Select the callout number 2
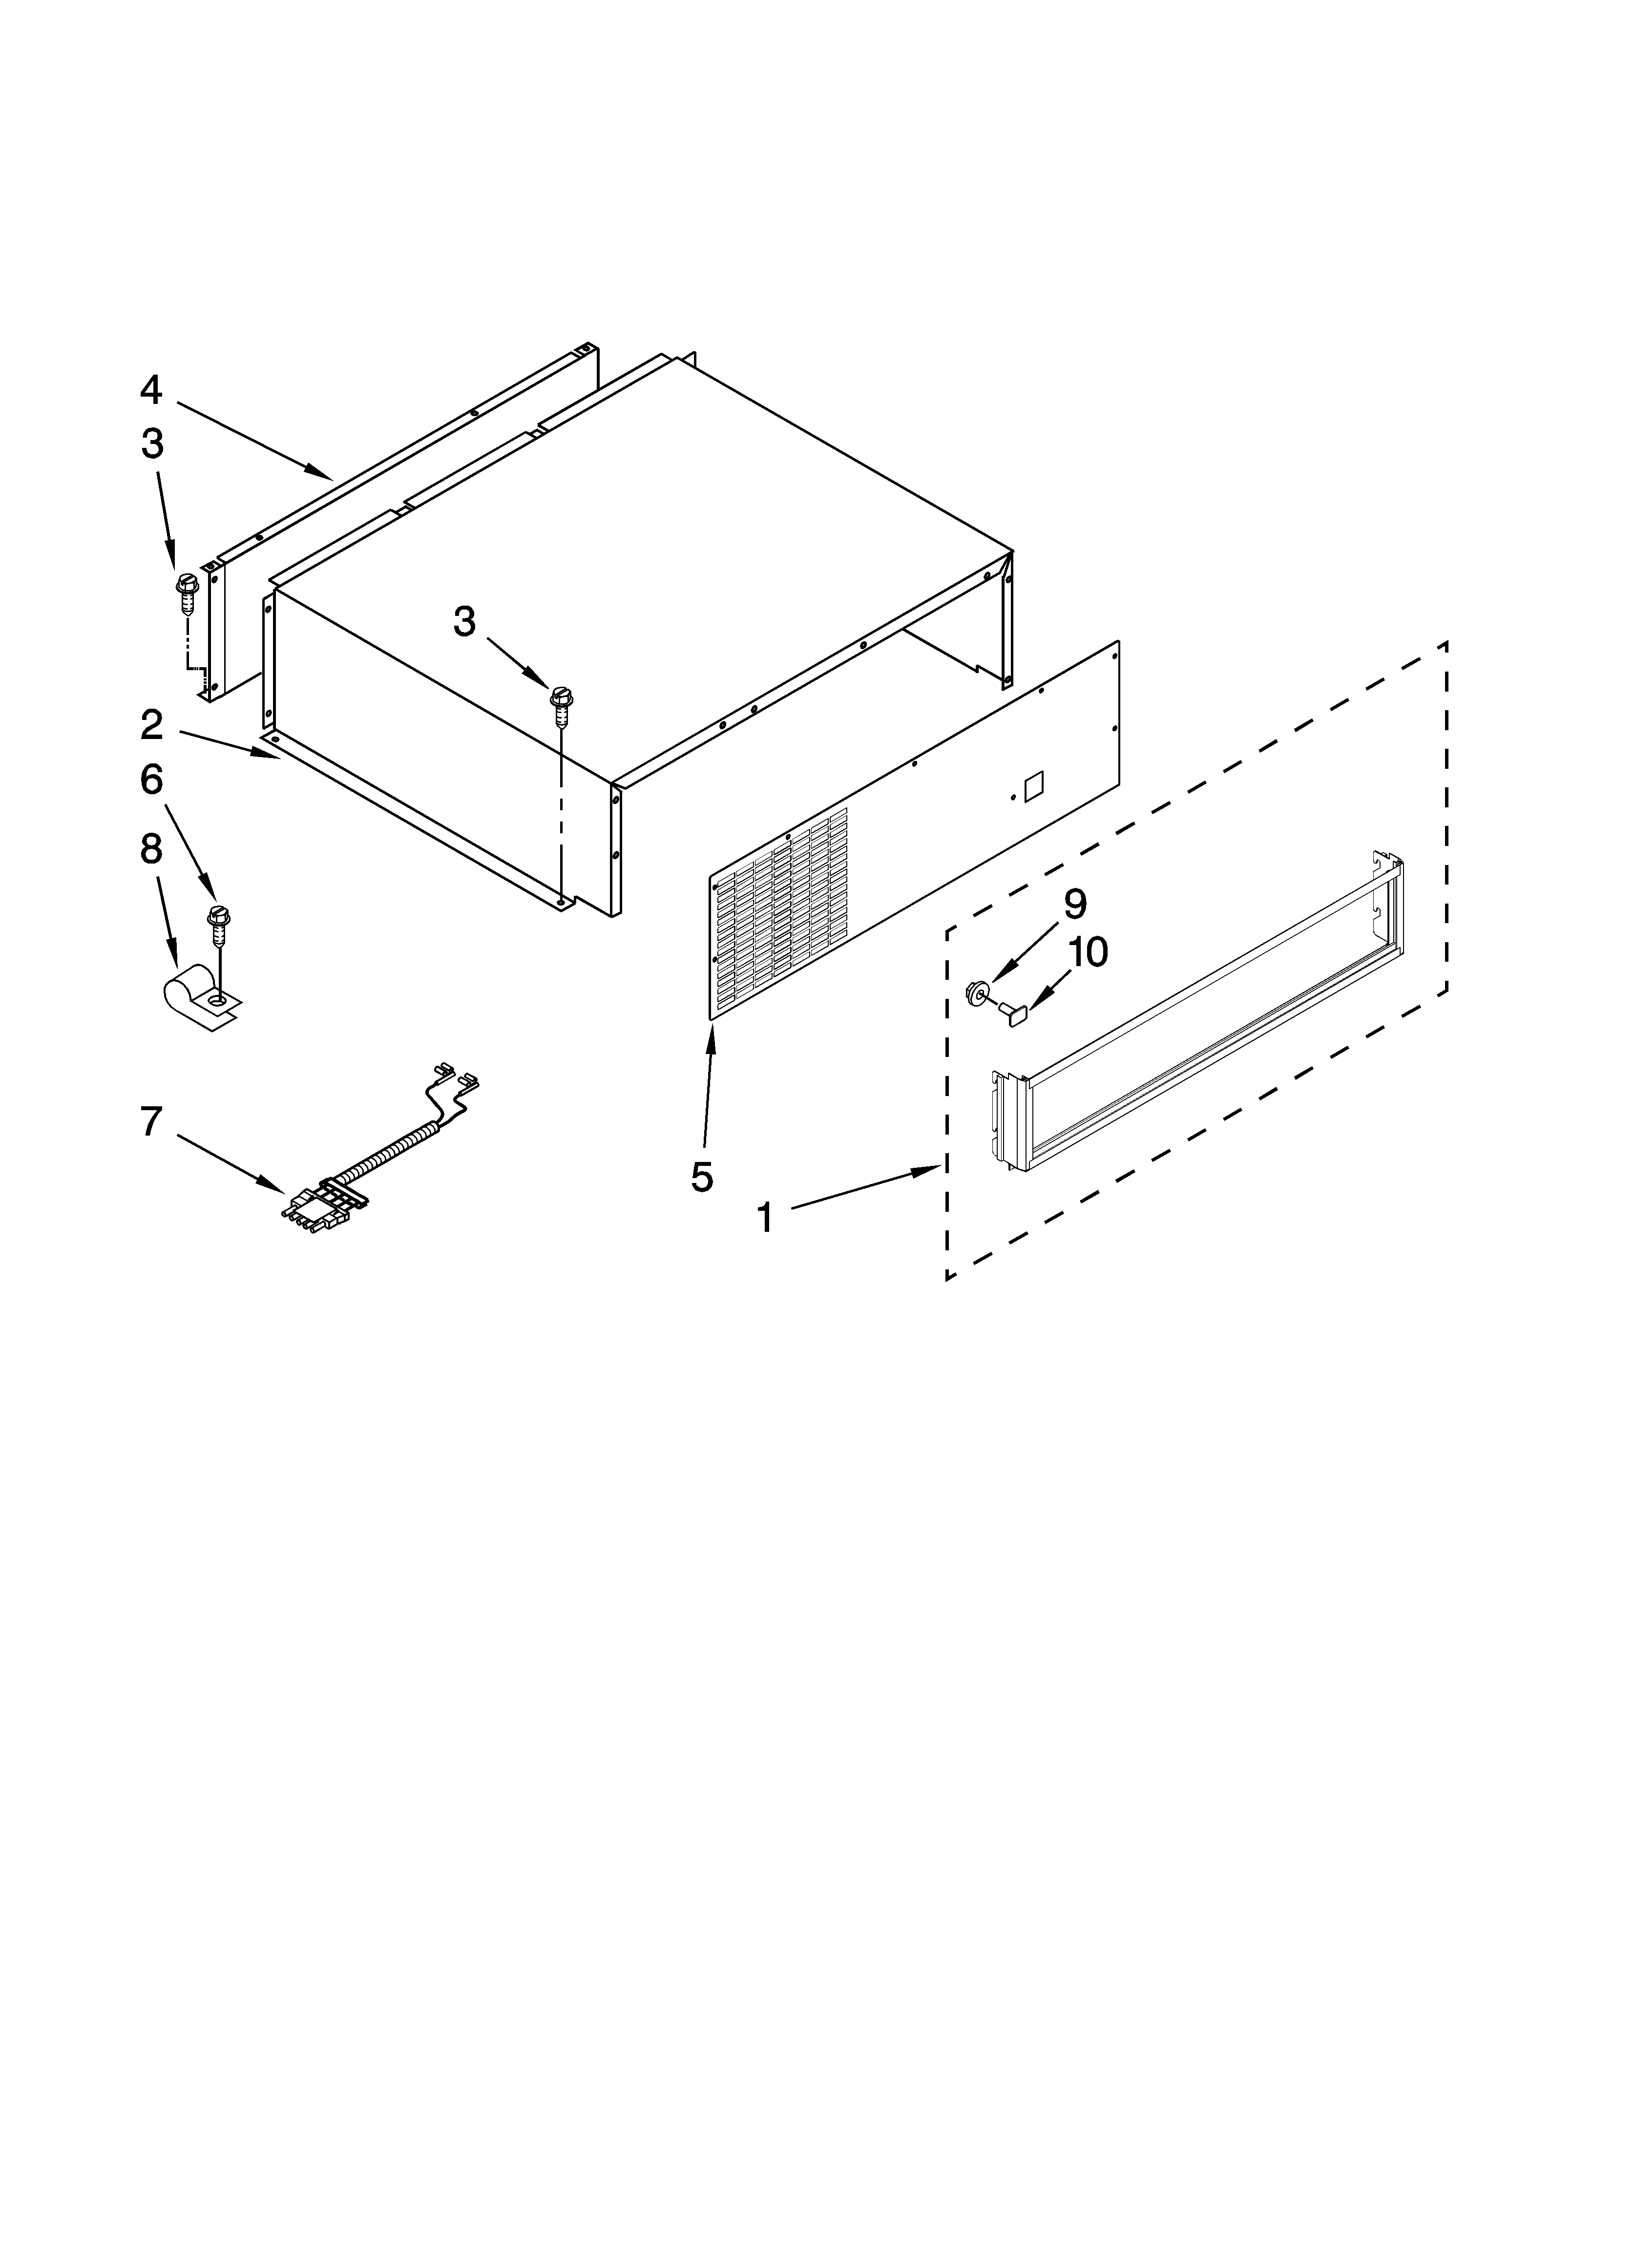click(150, 725)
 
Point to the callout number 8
click(150, 849)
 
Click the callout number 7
click(150, 1122)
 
